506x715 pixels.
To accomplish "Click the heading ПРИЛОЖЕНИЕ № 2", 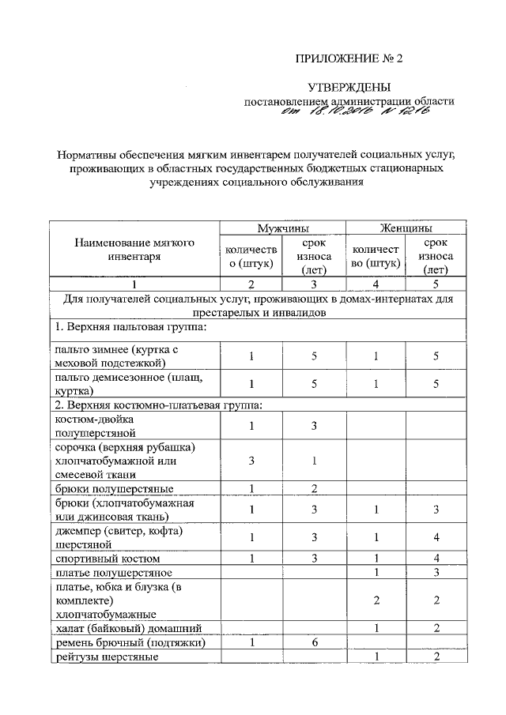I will pyautogui.click(x=349, y=59).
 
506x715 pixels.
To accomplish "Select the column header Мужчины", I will pyautogui.click(x=282, y=228).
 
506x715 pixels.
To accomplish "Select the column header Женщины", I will pyautogui.click(x=404, y=228).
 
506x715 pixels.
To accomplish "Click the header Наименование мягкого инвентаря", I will pyautogui.click(x=134, y=250).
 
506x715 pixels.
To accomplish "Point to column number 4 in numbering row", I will pyautogui.click(x=376, y=284).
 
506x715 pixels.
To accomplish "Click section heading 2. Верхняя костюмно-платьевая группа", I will pyautogui.click(x=158, y=405).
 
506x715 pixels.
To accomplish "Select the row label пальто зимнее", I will pyautogui.click(x=123, y=356).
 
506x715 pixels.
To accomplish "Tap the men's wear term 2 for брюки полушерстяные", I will pyautogui.click(x=314, y=488).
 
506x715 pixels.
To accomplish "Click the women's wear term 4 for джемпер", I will pyautogui.click(x=436, y=538).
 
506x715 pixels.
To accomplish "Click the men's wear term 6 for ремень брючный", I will pyautogui.click(x=314, y=643).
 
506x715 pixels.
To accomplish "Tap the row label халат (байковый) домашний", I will pyautogui.click(x=126, y=628).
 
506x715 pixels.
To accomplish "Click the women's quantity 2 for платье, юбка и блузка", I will pyautogui.click(x=376, y=600).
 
